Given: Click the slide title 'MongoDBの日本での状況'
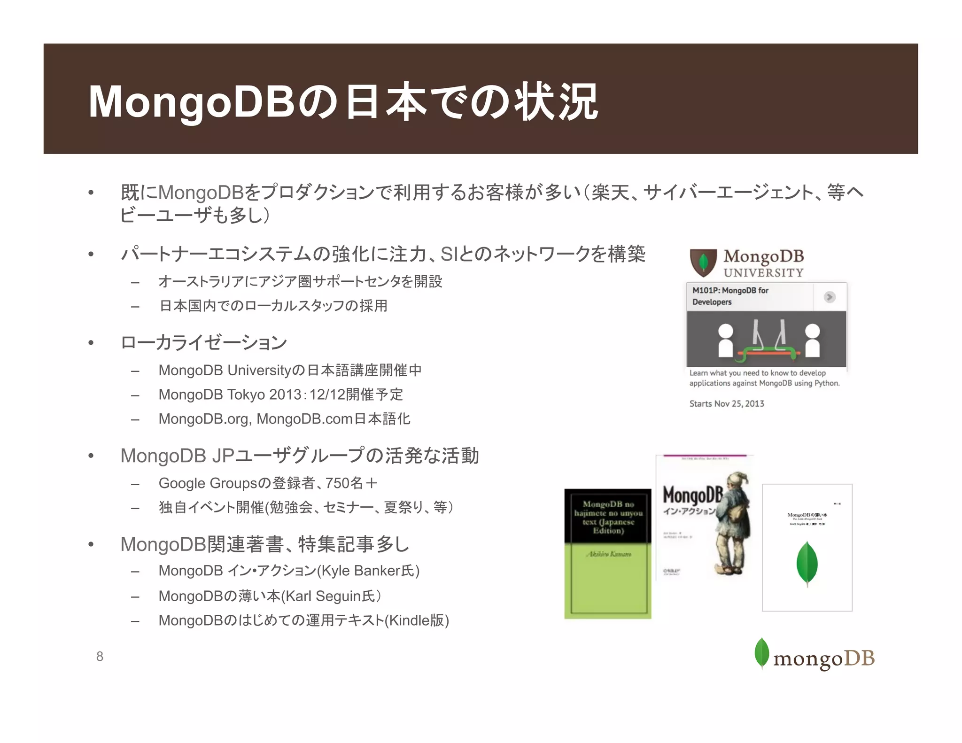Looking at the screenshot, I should (343, 101).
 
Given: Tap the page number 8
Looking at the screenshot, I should (100, 656).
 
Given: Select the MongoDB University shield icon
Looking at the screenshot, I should (703, 262).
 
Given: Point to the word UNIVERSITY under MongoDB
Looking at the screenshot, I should (763, 273).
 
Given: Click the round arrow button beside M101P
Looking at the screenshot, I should (830, 297).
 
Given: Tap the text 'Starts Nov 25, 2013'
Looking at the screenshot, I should (726, 403).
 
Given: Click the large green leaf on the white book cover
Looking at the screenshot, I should (807, 564).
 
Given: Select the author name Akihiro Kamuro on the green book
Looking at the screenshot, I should (608, 554).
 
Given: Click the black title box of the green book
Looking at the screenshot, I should (608, 517).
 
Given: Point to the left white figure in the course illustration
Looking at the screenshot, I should (726, 340).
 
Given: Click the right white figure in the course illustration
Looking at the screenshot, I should (812, 340).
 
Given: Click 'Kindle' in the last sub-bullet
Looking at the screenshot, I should (409, 620).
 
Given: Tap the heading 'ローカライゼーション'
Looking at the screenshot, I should (203, 342).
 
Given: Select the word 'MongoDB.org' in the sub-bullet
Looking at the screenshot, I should (205, 419).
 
